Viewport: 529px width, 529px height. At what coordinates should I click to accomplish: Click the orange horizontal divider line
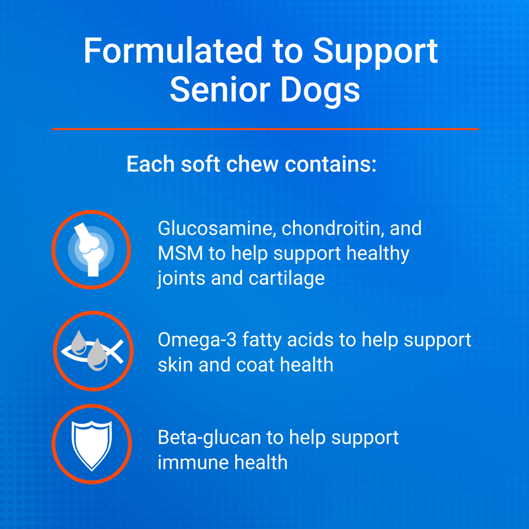click(265, 129)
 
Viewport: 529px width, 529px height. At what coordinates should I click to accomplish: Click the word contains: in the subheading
click(331, 164)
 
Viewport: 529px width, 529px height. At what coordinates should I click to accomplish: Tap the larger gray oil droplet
click(97, 355)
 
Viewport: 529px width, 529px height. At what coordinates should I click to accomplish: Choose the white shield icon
click(92, 444)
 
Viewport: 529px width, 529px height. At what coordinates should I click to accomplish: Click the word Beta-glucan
click(209, 438)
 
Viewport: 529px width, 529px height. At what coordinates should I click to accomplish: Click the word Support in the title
click(375, 52)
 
